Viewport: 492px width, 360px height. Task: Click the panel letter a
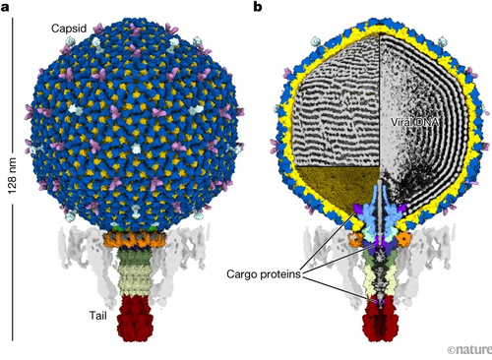(5, 7)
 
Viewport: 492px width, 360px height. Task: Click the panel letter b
(258, 7)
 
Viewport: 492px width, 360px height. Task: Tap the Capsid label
(69, 29)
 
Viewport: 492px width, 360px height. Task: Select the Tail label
(98, 316)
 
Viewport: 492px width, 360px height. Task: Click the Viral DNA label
(414, 122)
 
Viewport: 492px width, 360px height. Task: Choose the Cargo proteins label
(264, 274)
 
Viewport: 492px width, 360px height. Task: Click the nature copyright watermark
(469, 349)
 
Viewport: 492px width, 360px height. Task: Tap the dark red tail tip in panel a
(135, 318)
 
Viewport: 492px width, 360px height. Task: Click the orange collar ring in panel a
(135, 240)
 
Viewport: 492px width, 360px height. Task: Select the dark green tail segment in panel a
(135, 258)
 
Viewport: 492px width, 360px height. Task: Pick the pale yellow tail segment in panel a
(135, 280)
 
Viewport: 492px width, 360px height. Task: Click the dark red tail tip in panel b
(381, 320)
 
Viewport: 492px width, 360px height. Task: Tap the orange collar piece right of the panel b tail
(403, 240)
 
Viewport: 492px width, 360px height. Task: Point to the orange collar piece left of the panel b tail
(355, 240)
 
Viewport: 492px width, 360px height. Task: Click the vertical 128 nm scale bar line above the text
(13, 85)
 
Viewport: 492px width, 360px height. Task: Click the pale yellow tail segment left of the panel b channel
(371, 280)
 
